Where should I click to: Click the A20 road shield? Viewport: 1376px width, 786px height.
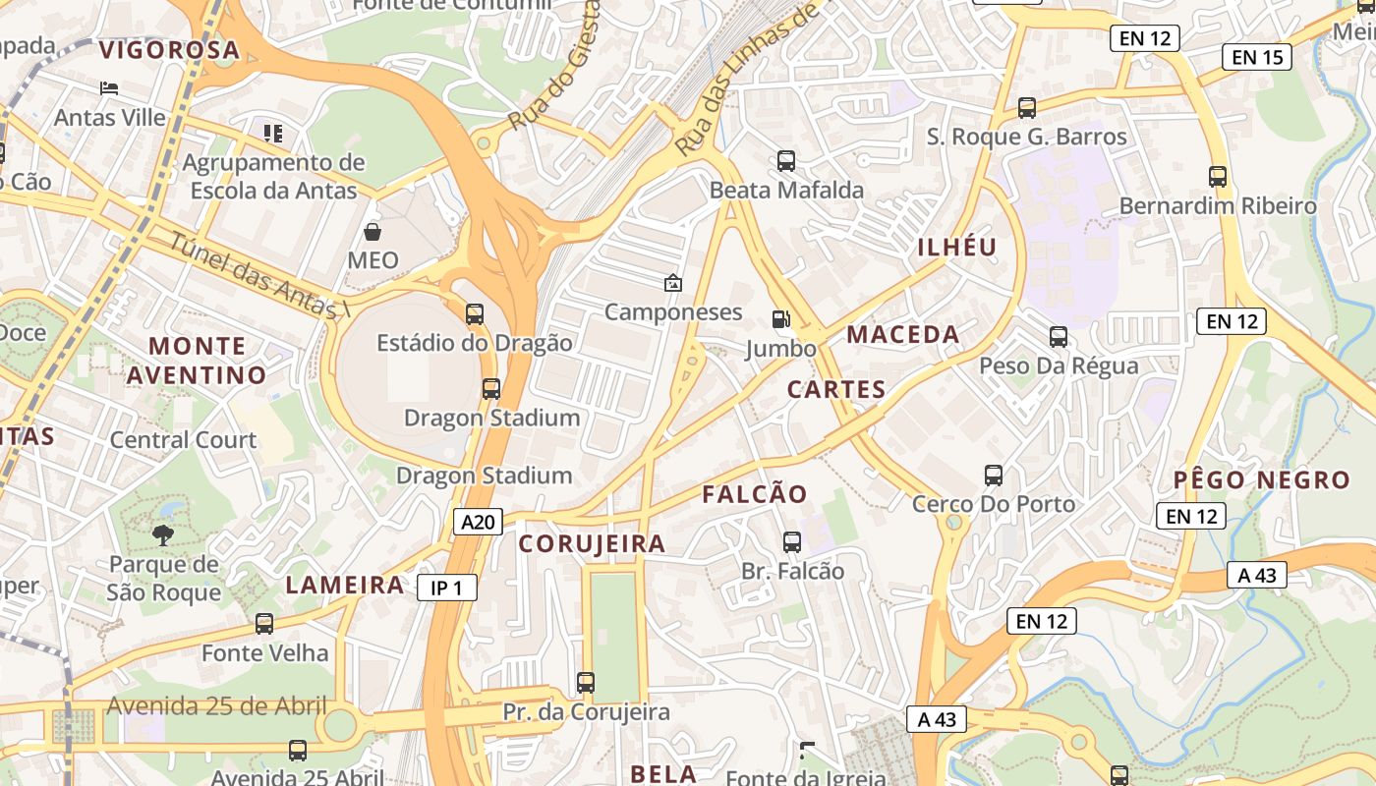click(479, 522)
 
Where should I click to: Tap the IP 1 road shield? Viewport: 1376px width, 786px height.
click(446, 588)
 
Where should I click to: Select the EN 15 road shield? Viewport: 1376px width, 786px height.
click(1257, 57)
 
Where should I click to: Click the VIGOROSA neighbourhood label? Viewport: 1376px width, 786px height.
click(169, 50)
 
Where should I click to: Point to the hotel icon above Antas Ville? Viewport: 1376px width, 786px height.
click(109, 88)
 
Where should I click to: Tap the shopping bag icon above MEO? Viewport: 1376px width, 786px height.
click(373, 232)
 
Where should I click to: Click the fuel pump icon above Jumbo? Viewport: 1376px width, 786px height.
click(780, 318)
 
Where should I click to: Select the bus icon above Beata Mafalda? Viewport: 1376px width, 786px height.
click(785, 160)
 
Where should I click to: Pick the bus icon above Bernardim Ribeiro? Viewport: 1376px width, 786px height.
click(1217, 177)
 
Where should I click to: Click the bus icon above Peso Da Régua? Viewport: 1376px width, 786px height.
click(1058, 337)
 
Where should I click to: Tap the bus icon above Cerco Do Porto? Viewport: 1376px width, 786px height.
click(993, 476)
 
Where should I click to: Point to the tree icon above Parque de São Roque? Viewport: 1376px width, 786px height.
click(163, 535)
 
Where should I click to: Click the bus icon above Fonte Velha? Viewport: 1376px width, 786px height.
click(263, 623)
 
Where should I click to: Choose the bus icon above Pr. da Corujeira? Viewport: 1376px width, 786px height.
click(586, 682)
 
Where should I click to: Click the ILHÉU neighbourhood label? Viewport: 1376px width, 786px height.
click(956, 248)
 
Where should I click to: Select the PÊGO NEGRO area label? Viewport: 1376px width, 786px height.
click(1262, 480)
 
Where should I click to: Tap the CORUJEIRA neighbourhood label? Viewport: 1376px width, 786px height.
click(592, 543)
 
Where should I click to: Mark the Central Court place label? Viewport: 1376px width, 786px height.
click(183, 439)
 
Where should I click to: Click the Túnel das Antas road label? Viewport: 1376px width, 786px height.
click(259, 276)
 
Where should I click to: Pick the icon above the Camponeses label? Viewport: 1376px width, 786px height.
click(672, 283)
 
